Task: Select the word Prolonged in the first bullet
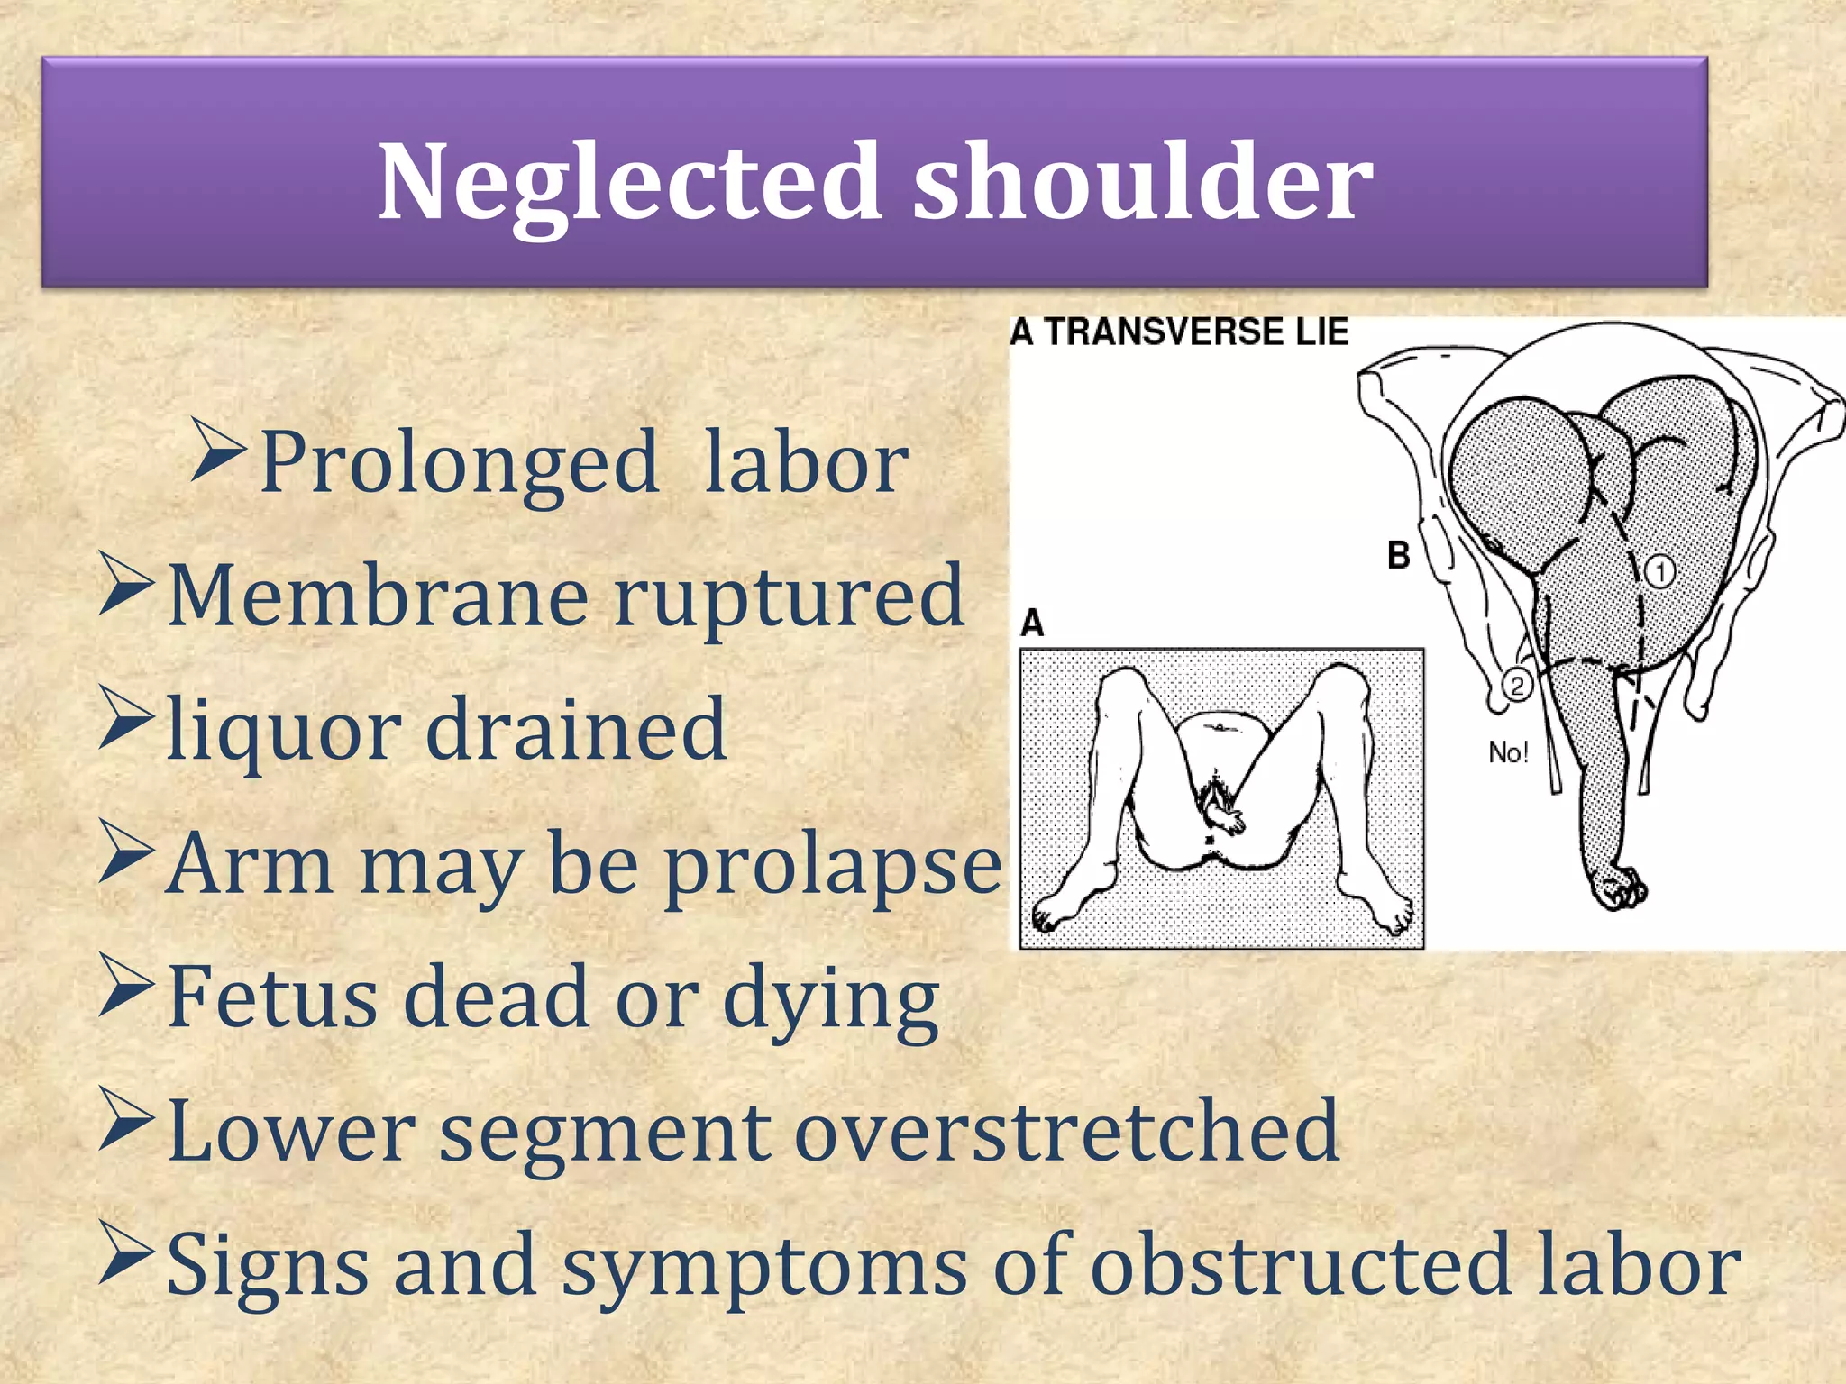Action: click(x=459, y=464)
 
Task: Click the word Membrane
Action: click(x=377, y=596)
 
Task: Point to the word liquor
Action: click(x=283, y=731)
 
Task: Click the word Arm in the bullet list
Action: click(x=250, y=863)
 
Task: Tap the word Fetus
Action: click(x=272, y=997)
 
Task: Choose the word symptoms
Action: click(x=764, y=1267)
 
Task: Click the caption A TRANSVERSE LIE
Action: click(x=1179, y=332)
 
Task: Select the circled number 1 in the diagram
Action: click(x=1660, y=571)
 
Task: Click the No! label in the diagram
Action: click(x=1508, y=752)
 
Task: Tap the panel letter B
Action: click(x=1398, y=555)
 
